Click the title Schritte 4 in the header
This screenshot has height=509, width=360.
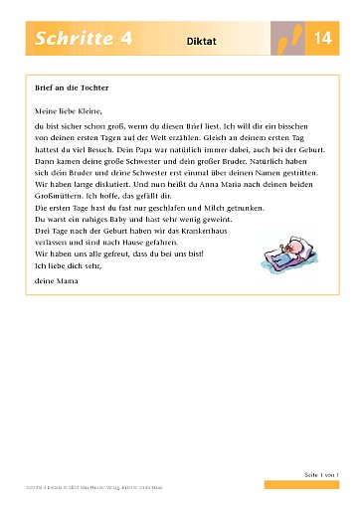click(x=85, y=40)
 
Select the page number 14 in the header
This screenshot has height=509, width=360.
click(x=322, y=40)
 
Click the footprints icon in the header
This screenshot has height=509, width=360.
click(x=288, y=41)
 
